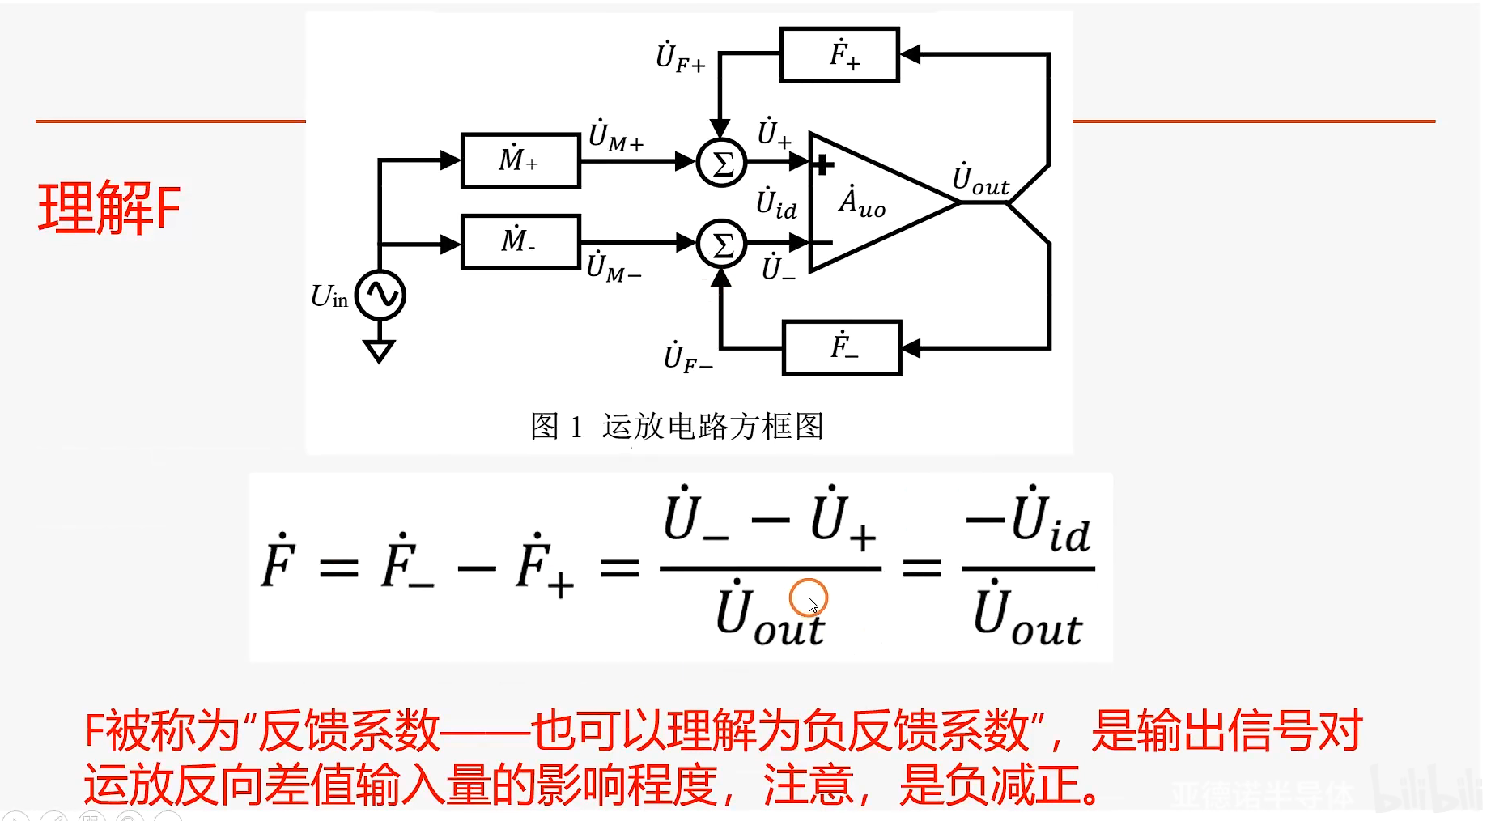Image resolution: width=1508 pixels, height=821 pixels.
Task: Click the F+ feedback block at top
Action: (839, 55)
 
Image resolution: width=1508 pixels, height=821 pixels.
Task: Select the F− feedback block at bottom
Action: (842, 348)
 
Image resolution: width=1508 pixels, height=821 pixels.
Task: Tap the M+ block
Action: (520, 160)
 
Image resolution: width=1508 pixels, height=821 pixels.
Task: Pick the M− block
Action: (520, 241)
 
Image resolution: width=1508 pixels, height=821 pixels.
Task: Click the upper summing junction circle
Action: (721, 163)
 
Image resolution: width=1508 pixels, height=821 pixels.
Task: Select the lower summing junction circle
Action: (721, 244)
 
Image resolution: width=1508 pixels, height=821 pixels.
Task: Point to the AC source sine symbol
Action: (380, 295)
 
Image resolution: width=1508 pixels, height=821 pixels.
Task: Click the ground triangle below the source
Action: (379, 351)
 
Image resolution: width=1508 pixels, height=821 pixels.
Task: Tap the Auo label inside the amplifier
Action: (861, 202)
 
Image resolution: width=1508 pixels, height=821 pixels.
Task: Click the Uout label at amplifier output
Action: (980, 181)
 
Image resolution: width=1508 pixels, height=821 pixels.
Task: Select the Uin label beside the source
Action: (329, 297)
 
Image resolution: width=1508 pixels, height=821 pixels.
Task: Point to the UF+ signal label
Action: (680, 57)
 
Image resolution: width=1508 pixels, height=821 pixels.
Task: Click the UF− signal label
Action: (687, 358)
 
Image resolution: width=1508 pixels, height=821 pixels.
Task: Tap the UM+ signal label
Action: (616, 137)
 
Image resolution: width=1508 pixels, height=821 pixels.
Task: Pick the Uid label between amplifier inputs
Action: (776, 204)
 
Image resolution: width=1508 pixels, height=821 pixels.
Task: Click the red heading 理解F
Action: (109, 209)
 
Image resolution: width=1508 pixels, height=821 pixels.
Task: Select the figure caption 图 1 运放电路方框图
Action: (677, 426)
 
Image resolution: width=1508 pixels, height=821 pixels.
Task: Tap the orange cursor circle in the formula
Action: (808, 598)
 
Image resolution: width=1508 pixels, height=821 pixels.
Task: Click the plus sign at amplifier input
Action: (823, 165)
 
